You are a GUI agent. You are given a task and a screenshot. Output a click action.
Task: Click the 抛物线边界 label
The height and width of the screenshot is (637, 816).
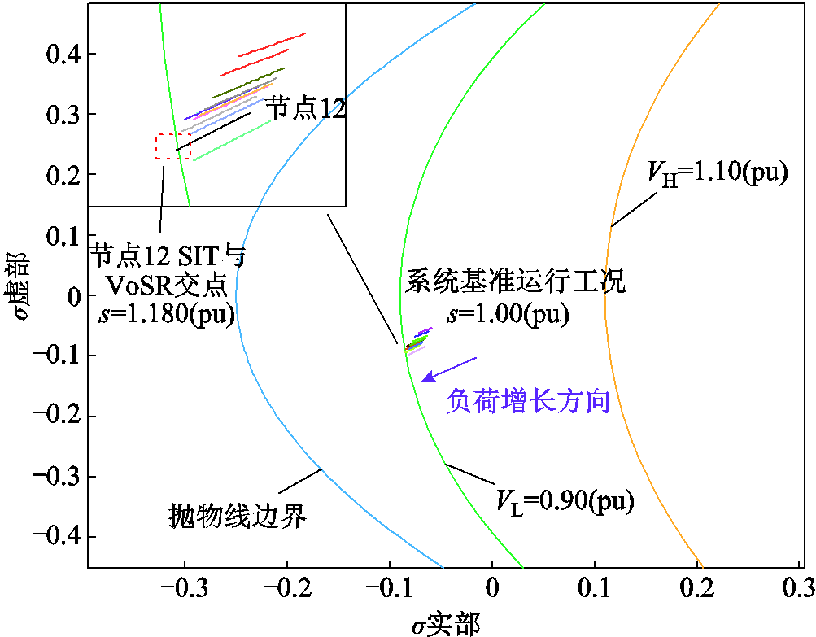point(237,515)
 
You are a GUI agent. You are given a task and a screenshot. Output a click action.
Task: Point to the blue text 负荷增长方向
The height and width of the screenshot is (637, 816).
point(528,401)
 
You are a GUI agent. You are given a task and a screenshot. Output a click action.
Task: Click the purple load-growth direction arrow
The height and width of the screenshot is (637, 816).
point(449,369)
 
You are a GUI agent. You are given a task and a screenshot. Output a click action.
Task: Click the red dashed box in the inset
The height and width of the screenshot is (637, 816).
point(172,146)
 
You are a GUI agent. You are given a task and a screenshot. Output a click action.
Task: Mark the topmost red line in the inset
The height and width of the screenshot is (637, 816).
point(272,45)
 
